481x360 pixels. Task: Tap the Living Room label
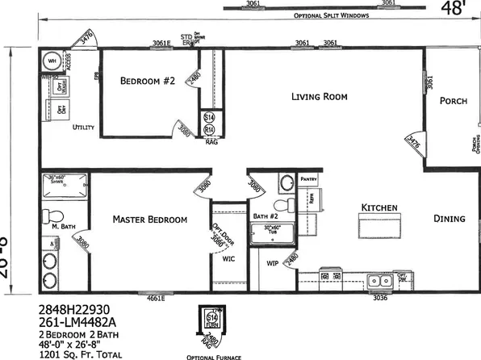coord(319,97)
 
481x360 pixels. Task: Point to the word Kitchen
coord(379,208)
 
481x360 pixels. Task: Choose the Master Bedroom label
coord(150,220)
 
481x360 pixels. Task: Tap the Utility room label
coord(84,128)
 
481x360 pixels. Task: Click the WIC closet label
coord(228,260)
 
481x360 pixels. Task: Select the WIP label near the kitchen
coord(272,262)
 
